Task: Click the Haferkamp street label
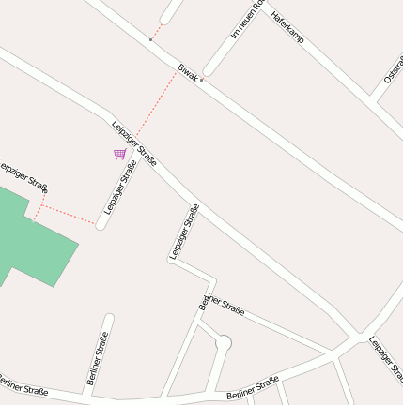287,28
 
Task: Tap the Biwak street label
188,72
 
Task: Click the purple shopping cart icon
119,154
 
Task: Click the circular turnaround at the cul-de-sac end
223,344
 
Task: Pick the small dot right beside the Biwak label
202,80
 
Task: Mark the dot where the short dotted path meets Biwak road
150,40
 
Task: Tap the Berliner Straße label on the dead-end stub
97,357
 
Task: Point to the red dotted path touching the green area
66,213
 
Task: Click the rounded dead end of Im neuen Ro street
209,71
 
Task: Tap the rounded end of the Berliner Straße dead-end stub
108,320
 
